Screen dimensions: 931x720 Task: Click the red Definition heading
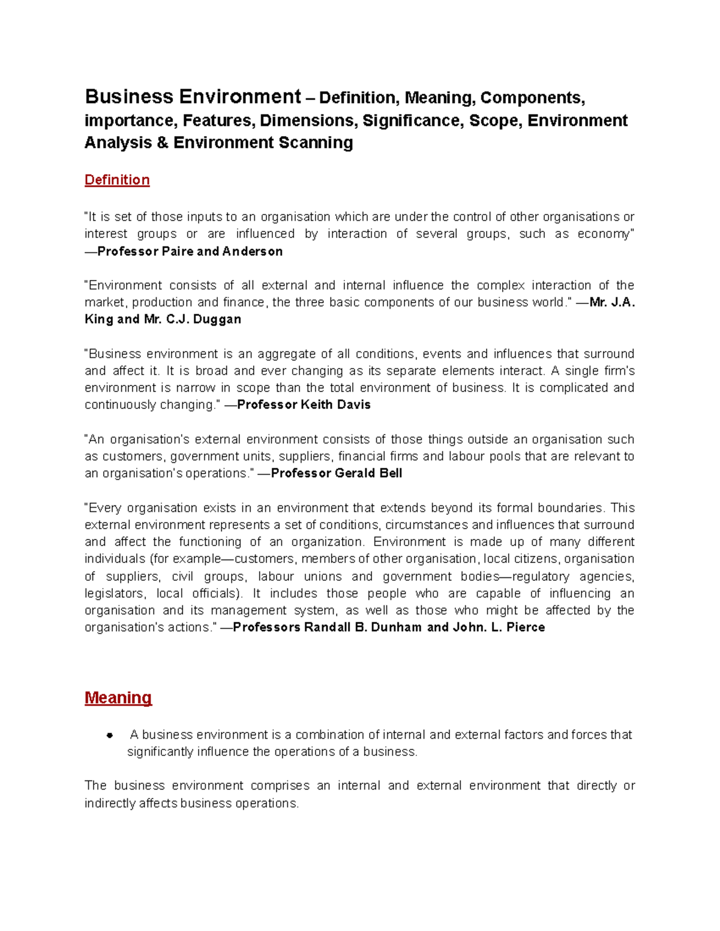pos(117,180)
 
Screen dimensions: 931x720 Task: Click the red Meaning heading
pos(118,698)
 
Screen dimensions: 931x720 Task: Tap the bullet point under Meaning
pos(110,736)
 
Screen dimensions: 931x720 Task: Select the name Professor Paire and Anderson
pos(190,251)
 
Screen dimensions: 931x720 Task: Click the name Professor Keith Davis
pos(304,405)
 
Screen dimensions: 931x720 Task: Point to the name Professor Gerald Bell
pos(336,473)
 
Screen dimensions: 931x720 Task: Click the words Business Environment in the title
pos(193,97)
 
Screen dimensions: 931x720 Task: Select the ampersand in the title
pos(163,143)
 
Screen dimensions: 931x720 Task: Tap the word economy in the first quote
pos(604,234)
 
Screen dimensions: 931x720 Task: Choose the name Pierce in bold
pos(526,627)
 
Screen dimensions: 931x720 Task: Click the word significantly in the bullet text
pos(160,752)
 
